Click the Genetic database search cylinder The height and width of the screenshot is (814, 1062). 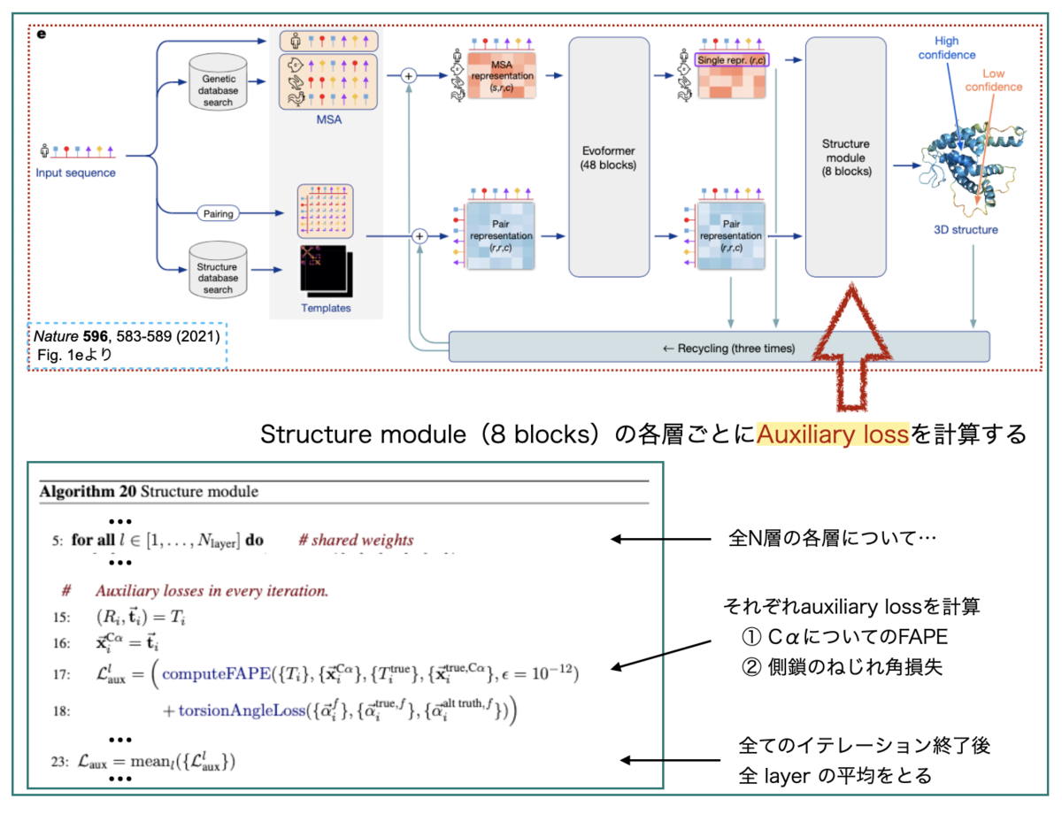(218, 86)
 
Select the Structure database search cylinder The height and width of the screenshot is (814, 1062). (218, 273)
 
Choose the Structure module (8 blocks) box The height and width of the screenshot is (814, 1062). (845, 157)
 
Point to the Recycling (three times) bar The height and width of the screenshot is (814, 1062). (719, 348)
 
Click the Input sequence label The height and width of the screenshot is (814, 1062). (76, 173)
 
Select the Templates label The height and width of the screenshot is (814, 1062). (326, 308)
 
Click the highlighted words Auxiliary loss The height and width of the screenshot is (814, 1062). (833, 434)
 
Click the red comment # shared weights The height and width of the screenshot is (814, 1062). (356, 540)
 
